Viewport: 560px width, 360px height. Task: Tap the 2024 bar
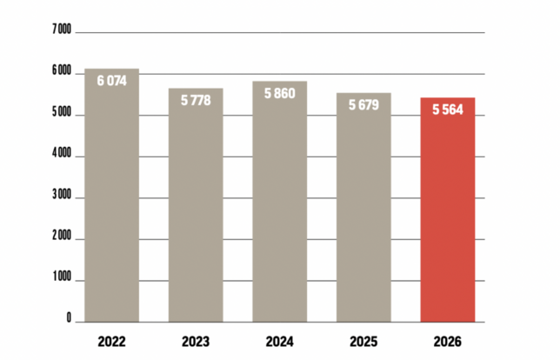(279, 209)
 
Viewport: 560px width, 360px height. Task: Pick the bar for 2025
(363, 213)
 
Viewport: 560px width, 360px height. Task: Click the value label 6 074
(112, 80)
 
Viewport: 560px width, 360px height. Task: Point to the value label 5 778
(196, 100)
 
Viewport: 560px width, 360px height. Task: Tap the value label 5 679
(363, 105)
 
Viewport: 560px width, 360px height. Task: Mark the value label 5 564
(447, 110)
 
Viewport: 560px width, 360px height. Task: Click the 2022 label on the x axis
(112, 341)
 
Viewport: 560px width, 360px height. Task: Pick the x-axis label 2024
(279, 341)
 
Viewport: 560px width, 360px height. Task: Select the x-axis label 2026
(447, 341)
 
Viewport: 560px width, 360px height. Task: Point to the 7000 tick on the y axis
(61, 30)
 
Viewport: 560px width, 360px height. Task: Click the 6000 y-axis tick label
(61, 72)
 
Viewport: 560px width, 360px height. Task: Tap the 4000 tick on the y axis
(61, 155)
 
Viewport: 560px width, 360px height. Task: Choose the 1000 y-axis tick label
(61, 280)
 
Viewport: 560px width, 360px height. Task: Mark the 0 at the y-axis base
(68, 320)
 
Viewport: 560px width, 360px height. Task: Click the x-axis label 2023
(196, 341)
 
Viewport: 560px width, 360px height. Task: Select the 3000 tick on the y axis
(61, 197)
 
